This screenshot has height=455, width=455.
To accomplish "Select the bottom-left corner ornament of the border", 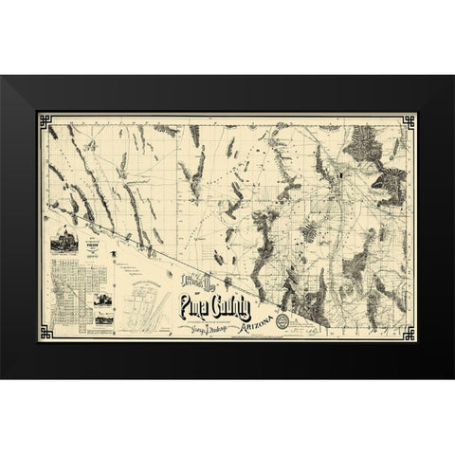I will pos(45,336).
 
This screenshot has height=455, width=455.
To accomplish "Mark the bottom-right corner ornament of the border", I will pos(409,336).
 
